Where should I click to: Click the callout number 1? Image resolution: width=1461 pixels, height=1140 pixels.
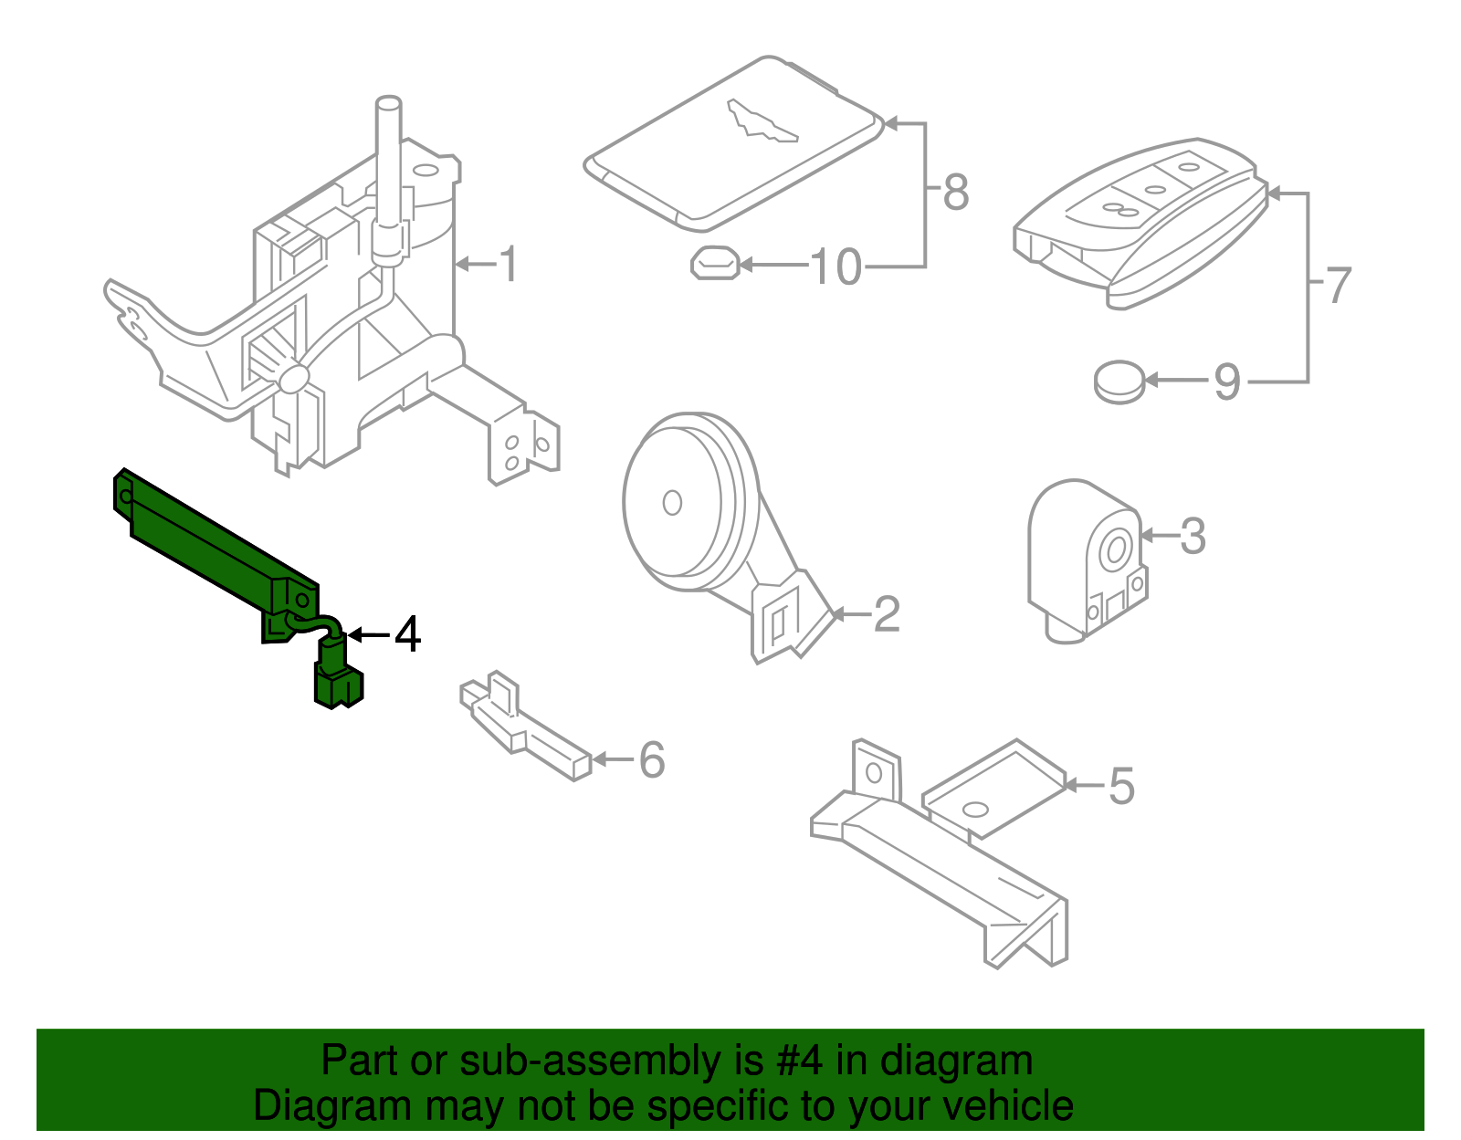pyautogui.click(x=510, y=264)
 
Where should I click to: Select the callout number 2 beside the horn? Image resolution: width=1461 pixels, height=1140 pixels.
pyautogui.click(x=887, y=613)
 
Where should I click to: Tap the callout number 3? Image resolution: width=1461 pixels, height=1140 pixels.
pyautogui.click(x=1193, y=536)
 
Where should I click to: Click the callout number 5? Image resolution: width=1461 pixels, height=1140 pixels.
pyautogui.click(x=1121, y=785)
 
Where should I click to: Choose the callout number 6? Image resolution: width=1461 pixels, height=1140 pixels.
pyautogui.click(x=651, y=759)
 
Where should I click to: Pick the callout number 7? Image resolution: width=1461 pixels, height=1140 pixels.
pyautogui.click(x=1338, y=285)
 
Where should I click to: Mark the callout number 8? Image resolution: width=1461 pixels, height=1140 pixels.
pyautogui.click(x=956, y=192)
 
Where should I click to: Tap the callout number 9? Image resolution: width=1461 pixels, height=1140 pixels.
pyautogui.click(x=1227, y=382)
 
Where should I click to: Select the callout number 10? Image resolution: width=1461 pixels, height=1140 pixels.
pyautogui.click(x=836, y=267)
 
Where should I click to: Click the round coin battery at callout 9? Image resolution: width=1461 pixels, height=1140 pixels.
pyautogui.click(x=1119, y=382)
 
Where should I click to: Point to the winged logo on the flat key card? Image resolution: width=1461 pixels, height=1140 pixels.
pyautogui.click(x=762, y=121)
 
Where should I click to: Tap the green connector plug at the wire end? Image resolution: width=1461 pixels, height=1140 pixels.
pyautogui.click(x=338, y=685)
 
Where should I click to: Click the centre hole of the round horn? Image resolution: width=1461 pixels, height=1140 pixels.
pyautogui.click(x=672, y=503)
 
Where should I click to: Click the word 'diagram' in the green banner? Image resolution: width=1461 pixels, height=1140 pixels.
pyautogui.click(x=955, y=1061)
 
